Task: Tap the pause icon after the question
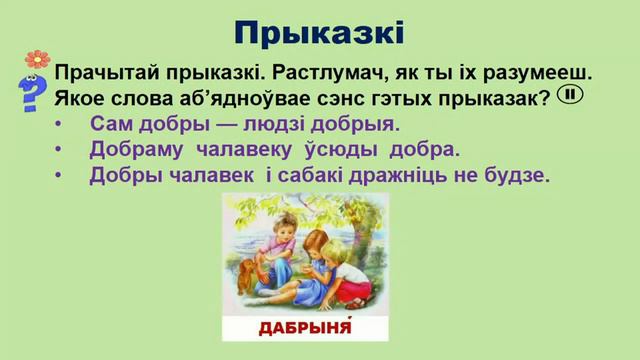tap(569, 95)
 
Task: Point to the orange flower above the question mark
tap(38, 59)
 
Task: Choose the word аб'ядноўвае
tap(224, 98)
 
